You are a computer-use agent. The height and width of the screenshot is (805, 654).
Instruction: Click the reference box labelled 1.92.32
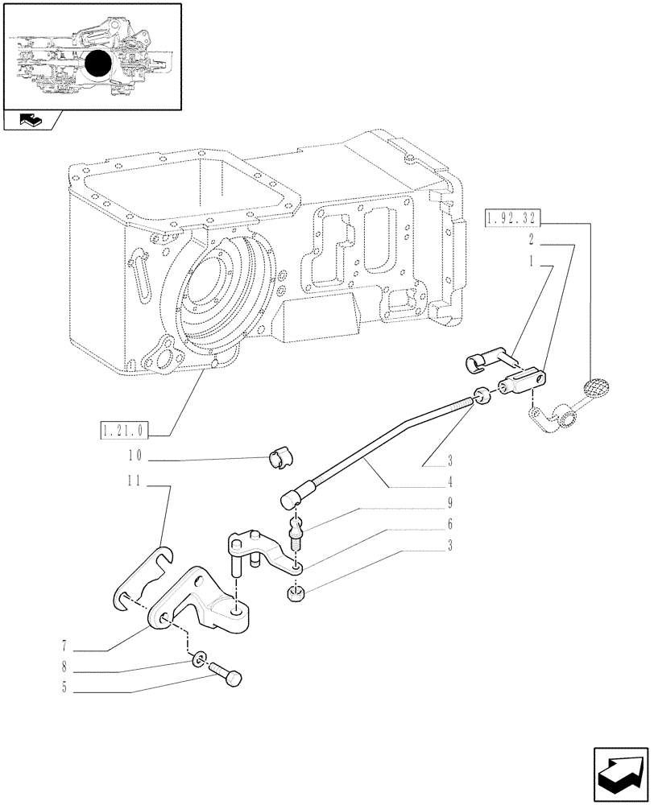click(512, 218)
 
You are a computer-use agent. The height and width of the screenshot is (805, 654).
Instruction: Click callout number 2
click(532, 240)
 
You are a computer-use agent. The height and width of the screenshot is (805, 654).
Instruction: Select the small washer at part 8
click(197, 662)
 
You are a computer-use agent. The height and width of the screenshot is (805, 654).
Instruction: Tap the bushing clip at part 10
click(275, 463)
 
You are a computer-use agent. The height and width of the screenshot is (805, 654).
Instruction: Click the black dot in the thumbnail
click(98, 64)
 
